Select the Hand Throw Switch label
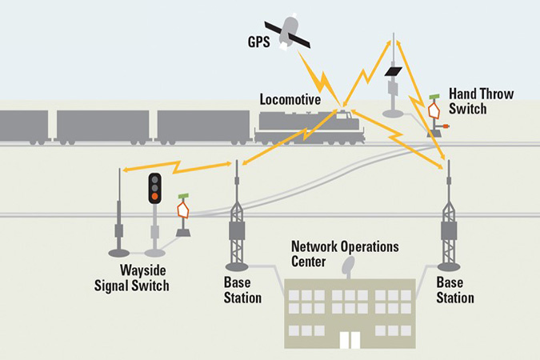(480, 101)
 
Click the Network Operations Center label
(345, 252)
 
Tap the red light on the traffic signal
(154, 195)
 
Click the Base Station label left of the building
(242, 290)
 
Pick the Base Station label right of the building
(455, 290)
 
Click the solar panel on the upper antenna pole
(392, 74)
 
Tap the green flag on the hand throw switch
(434, 98)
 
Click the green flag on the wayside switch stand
(182, 196)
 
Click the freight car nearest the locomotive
(203, 128)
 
